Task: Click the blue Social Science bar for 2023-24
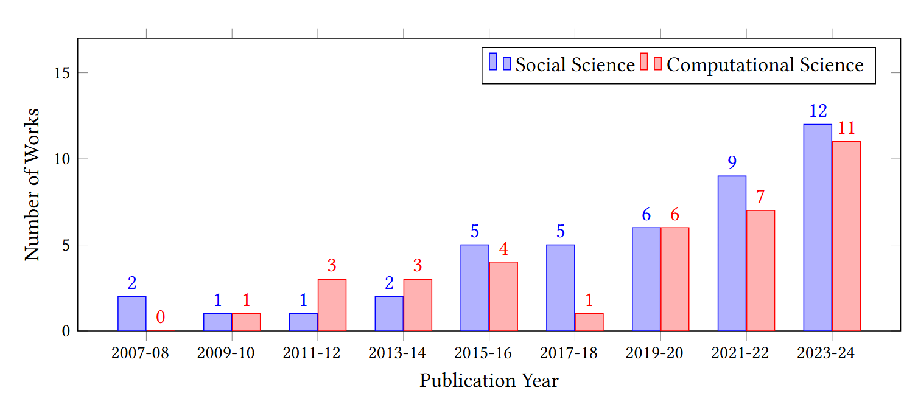(818, 228)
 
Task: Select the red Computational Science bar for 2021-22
(760, 271)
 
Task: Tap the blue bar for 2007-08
(132, 314)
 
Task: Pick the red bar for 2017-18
(589, 322)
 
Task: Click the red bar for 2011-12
(332, 305)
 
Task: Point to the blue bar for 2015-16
(475, 288)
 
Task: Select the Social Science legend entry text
(575, 65)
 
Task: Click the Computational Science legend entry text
(765, 65)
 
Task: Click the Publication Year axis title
(489, 381)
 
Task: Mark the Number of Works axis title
(32, 184)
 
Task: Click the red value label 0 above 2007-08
(161, 317)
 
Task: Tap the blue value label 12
(818, 111)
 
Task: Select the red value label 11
(846, 128)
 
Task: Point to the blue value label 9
(732, 162)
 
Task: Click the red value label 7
(760, 197)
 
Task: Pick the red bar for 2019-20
(674, 279)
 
